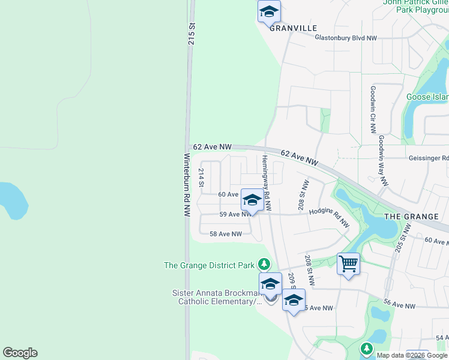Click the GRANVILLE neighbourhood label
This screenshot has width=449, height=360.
[293, 28]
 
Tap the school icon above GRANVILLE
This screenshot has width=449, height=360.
[269, 11]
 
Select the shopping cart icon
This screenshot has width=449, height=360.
[348, 263]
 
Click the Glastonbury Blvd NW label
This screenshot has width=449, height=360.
[346, 38]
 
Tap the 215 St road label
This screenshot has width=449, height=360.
[192, 34]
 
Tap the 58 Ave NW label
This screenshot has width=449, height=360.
[226, 234]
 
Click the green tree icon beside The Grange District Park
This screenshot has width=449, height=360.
[263, 264]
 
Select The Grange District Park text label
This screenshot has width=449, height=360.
[209, 265]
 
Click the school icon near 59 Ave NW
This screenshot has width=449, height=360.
[252, 200]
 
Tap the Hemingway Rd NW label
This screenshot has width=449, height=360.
[267, 184]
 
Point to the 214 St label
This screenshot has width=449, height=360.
[202, 178]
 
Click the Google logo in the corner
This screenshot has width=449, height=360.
[20, 353]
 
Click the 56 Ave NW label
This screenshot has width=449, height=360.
[399, 305]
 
